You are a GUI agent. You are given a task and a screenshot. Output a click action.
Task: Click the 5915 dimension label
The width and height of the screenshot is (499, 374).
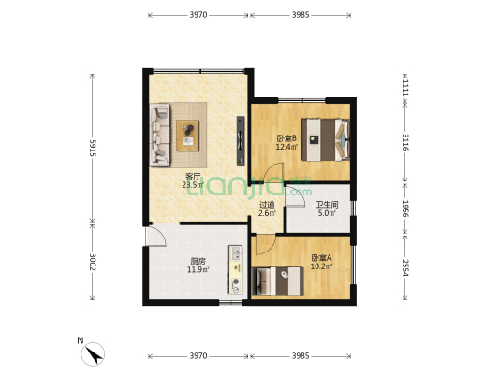point(93,148)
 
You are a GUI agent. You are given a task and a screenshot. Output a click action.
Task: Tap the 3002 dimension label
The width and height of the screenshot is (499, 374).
point(93,262)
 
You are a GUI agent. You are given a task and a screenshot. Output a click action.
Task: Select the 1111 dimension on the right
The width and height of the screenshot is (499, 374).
point(404,88)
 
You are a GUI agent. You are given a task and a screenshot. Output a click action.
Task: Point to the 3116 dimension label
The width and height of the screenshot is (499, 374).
point(404,142)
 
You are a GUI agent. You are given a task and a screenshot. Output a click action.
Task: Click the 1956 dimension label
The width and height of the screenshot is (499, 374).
point(404,209)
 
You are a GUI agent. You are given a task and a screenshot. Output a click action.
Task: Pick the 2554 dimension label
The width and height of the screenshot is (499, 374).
point(404,267)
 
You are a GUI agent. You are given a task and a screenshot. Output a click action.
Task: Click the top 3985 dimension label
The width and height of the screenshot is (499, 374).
point(301,15)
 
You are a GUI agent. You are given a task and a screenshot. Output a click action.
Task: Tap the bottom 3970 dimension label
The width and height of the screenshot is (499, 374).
point(198,356)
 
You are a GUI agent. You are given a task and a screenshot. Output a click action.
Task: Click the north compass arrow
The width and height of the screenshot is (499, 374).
point(95,354)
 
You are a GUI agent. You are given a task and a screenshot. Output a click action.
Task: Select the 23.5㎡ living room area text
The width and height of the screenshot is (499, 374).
point(193,185)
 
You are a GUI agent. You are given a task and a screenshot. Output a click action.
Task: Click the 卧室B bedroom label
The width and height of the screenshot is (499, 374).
point(286,138)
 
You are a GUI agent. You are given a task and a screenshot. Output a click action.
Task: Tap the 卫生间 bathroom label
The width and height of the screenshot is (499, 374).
point(327,205)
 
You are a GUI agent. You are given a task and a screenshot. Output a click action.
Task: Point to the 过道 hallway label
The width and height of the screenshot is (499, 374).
point(267,206)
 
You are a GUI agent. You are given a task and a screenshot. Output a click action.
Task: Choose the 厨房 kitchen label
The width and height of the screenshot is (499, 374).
point(198,262)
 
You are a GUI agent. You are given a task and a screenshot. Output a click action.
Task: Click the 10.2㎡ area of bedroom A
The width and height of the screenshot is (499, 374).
point(321,266)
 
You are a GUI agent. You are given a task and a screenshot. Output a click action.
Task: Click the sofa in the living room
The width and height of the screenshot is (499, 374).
point(160,135)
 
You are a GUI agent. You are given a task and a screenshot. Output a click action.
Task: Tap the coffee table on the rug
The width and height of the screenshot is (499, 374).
point(188,136)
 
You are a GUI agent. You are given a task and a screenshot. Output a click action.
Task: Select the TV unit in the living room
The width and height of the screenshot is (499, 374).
point(241,141)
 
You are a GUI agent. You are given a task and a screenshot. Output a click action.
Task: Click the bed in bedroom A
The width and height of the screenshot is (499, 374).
point(277,281)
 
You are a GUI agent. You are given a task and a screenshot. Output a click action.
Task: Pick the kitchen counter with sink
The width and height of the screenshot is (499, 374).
point(236,269)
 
